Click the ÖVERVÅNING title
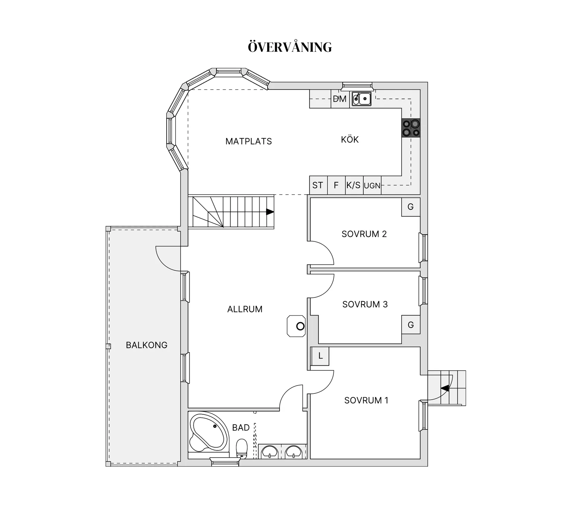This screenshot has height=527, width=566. [x=290, y=47]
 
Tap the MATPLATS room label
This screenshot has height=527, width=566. [x=249, y=141]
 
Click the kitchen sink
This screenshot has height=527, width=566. [x=362, y=99]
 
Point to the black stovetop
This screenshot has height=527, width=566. [x=411, y=128]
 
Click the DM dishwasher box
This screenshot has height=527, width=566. [x=340, y=99]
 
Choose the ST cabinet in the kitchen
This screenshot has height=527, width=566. [x=318, y=185]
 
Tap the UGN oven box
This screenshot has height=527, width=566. [x=372, y=185]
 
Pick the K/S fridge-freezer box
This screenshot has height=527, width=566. [x=354, y=185]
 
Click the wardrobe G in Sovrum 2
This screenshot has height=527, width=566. [x=411, y=207]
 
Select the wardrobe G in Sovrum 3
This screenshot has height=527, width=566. [x=411, y=324]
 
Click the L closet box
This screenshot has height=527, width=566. [x=320, y=356]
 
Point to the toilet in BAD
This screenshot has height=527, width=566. [x=242, y=448]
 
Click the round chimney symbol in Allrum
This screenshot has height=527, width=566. [x=300, y=326]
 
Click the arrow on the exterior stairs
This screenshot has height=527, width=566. [x=445, y=388]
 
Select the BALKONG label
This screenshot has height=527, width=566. [x=146, y=345]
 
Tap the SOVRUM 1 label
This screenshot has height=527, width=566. [x=366, y=400]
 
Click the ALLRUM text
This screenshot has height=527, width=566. [x=245, y=309]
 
